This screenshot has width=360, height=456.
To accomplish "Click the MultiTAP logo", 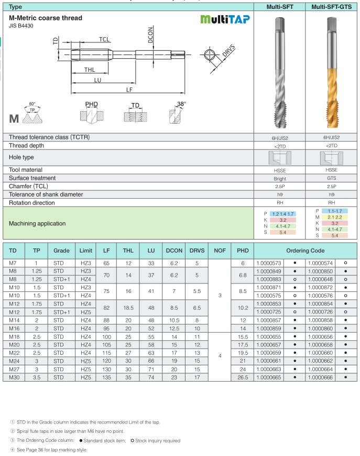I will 225,20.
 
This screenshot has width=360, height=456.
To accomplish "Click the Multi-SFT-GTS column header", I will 332,7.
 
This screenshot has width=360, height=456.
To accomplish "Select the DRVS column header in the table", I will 197,251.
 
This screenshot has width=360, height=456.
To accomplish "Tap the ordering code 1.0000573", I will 269,263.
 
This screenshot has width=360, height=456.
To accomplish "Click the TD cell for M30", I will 14,376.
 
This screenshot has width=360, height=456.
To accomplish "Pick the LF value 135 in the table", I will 106,376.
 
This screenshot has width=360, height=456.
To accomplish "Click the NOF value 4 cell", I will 220,355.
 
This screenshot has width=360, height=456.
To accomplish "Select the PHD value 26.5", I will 243,376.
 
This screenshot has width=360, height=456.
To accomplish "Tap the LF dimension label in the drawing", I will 129,90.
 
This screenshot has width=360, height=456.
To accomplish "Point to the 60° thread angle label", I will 32,105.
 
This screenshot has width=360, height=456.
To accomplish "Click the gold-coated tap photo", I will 332,73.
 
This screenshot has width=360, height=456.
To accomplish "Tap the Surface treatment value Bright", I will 280,179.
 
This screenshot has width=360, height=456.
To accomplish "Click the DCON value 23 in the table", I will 174,376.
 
